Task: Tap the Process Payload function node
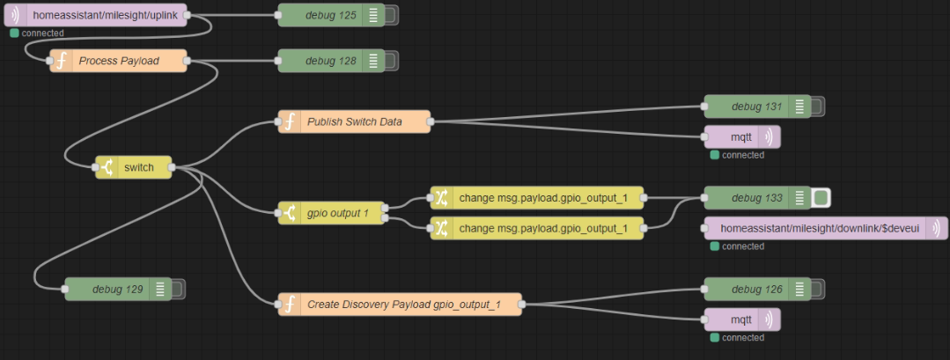point(119,61)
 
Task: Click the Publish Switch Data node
point(354,121)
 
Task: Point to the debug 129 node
point(111,289)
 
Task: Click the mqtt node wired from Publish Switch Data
point(740,137)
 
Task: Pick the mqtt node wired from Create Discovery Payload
point(740,320)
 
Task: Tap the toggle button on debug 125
point(391,15)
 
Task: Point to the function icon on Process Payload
point(61,61)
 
